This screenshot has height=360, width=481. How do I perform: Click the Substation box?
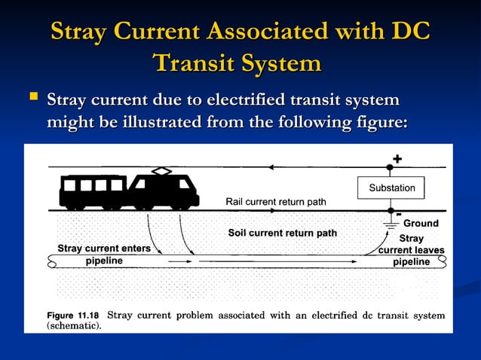(391, 187)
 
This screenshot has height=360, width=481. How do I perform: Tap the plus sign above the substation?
(397, 159)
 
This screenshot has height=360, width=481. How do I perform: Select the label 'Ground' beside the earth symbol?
(421, 224)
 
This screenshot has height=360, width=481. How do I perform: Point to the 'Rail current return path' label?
(275, 201)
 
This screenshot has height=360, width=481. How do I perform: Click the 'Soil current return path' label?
(283, 233)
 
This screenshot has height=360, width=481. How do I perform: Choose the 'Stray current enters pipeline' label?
(104, 255)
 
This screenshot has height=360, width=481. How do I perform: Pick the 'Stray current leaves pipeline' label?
(412, 250)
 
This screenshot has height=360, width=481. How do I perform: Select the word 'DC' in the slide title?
(409, 32)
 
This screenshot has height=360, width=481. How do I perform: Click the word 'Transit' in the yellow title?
(195, 63)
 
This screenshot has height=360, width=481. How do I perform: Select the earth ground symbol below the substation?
(391, 223)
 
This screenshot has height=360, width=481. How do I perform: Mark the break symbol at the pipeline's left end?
(51, 261)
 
